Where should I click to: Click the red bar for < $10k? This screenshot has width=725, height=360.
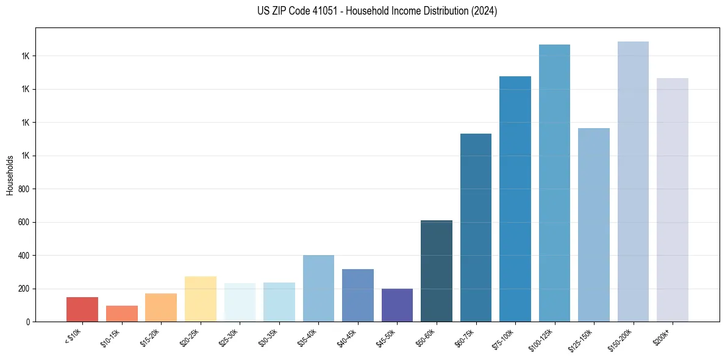(82, 309)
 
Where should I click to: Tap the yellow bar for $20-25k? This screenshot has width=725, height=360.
(201, 299)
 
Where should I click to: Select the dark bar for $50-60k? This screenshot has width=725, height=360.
(437, 271)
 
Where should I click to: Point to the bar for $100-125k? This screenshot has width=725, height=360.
(554, 183)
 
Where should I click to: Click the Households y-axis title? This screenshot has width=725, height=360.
(10, 175)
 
